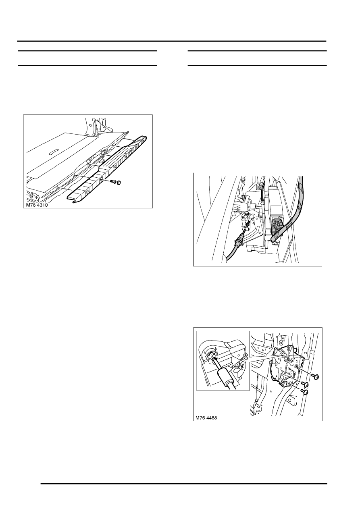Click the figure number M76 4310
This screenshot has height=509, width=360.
[36, 205]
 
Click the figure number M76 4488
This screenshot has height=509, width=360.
[206, 418]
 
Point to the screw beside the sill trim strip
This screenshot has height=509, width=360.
[113, 181]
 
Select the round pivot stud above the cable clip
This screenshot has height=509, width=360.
[247, 214]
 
